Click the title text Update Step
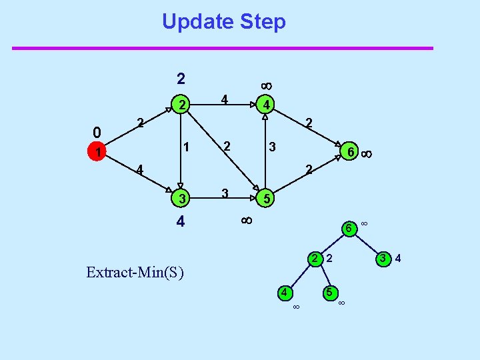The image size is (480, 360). [223, 22]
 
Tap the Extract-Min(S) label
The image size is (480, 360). [135, 272]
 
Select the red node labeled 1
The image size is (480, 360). [97, 153]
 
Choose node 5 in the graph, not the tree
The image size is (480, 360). [265, 199]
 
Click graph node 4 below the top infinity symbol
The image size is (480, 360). [265, 105]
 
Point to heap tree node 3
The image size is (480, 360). [383, 258]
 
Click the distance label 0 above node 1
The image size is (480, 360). [97, 131]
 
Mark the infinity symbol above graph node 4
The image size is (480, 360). [265, 85]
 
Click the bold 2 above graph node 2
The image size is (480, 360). [181, 79]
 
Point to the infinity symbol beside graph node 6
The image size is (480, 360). [366, 154]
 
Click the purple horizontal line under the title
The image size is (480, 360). [223, 48]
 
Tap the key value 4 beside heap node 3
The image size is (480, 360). [398, 257]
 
